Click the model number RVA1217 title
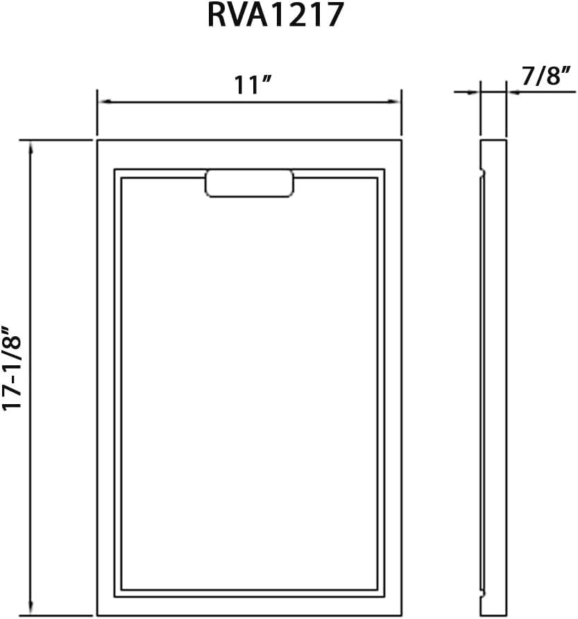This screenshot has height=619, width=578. [x=275, y=15]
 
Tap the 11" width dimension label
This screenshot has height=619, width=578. [x=253, y=84]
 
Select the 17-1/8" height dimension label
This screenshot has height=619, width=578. [x=12, y=368]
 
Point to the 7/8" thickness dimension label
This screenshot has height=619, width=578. [x=546, y=76]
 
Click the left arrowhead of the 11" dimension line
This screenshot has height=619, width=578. [x=104, y=102]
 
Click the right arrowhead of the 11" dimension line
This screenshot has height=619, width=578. [x=395, y=102]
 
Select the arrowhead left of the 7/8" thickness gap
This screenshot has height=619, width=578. [x=473, y=92]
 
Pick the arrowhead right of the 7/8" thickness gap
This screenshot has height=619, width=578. [x=513, y=92]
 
